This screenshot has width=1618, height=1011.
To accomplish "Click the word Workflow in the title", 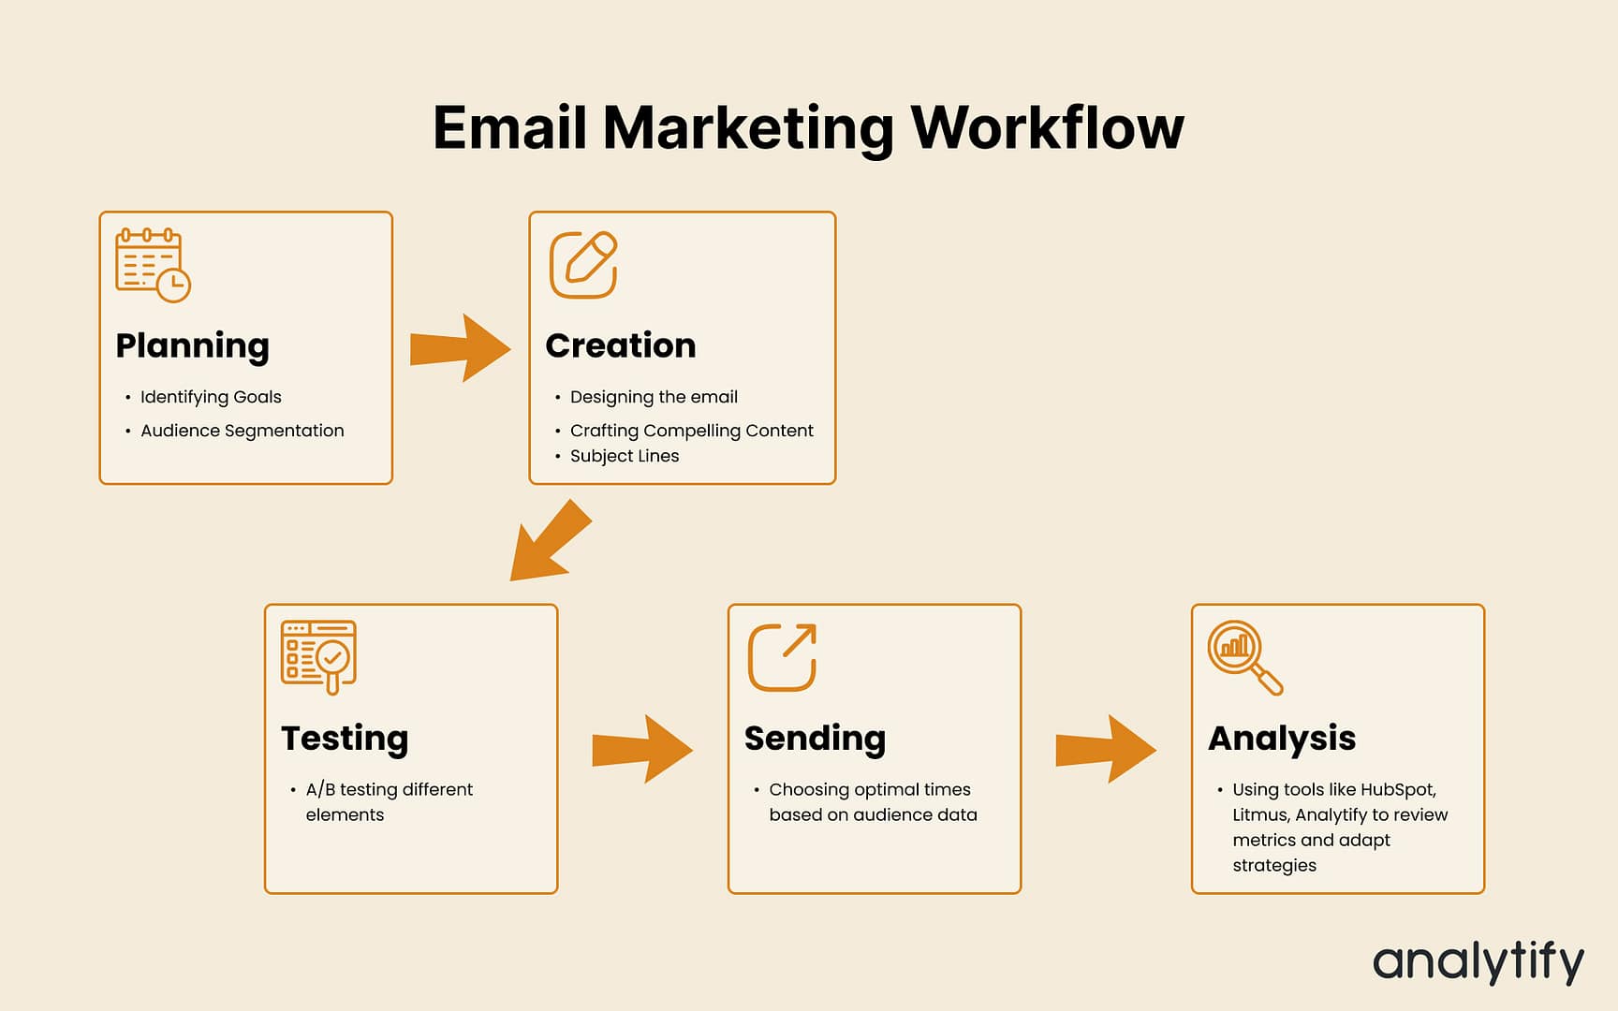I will pos(1047,127).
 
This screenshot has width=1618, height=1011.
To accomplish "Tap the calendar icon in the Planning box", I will pos(153,265).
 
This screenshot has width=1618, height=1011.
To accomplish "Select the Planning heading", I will pos(192,345).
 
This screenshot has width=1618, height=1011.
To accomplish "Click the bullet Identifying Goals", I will pos(211,397).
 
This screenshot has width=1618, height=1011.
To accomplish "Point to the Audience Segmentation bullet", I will pos(242,431).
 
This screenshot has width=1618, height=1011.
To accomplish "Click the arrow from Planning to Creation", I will pos(460,348).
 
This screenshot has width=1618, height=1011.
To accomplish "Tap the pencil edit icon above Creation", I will pos(583,265).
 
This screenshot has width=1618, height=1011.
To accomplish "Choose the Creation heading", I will pos(620,345).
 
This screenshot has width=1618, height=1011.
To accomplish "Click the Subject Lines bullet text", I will pos(625,456).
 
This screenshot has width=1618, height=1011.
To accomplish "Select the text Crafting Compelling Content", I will pos(691,431).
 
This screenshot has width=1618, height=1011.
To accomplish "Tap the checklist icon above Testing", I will pos(318,657).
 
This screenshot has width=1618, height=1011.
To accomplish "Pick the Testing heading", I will pos(345,739).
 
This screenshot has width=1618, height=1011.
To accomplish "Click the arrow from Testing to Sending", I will pos(642,749).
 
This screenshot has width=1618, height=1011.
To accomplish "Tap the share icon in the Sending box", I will pos(782,657).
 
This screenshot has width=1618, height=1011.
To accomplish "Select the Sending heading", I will pos(815,739).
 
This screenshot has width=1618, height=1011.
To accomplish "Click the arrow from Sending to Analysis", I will pos(1106,749).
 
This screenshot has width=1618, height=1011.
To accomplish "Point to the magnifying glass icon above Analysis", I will pos(1244,657).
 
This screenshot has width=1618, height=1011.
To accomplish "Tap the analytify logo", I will pos(1478,962).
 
